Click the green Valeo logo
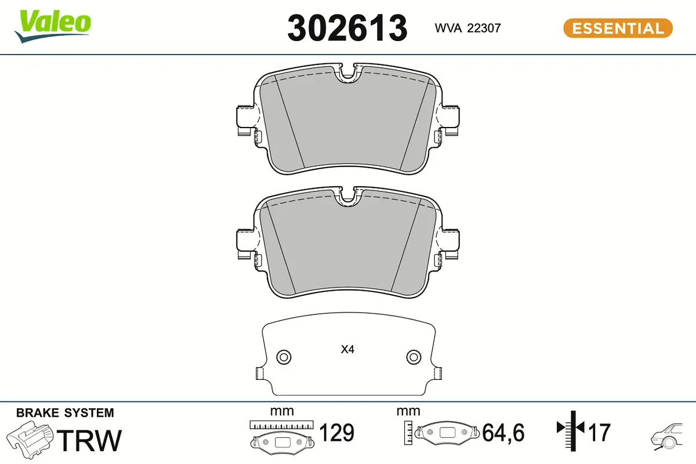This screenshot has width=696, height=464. coord(53,26)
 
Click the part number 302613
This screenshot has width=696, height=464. coord(347,28)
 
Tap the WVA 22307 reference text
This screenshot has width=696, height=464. coord(467,28)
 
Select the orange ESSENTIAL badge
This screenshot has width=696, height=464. coord(618,28)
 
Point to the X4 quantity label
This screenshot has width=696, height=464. coord(347,350)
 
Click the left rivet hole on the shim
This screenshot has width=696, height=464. coord(284,357)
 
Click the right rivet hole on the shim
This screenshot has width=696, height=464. coord(414,357)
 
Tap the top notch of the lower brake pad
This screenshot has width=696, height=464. coord(348,197)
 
